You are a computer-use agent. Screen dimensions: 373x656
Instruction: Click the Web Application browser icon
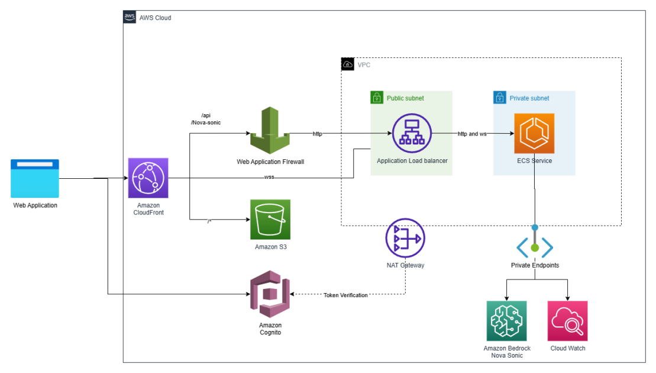(x=35, y=178)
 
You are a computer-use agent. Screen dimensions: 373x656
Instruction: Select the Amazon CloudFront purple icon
(x=148, y=178)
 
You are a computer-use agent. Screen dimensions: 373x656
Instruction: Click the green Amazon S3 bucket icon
(x=270, y=219)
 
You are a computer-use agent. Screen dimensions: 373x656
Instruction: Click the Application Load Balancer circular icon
(x=412, y=133)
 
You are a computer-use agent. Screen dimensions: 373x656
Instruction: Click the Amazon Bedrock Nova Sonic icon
(x=506, y=321)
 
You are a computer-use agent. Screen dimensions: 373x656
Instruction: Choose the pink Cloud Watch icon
(x=568, y=321)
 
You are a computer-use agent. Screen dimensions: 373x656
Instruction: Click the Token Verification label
(x=345, y=295)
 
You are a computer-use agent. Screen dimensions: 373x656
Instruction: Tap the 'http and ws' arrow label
(x=472, y=134)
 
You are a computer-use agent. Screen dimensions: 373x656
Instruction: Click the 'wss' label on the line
(x=269, y=177)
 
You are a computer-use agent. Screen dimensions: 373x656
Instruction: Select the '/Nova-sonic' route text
(x=206, y=123)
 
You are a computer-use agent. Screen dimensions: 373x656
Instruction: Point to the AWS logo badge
(x=130, y=17)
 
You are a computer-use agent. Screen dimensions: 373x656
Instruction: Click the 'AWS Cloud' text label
(x=155, y=18)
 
